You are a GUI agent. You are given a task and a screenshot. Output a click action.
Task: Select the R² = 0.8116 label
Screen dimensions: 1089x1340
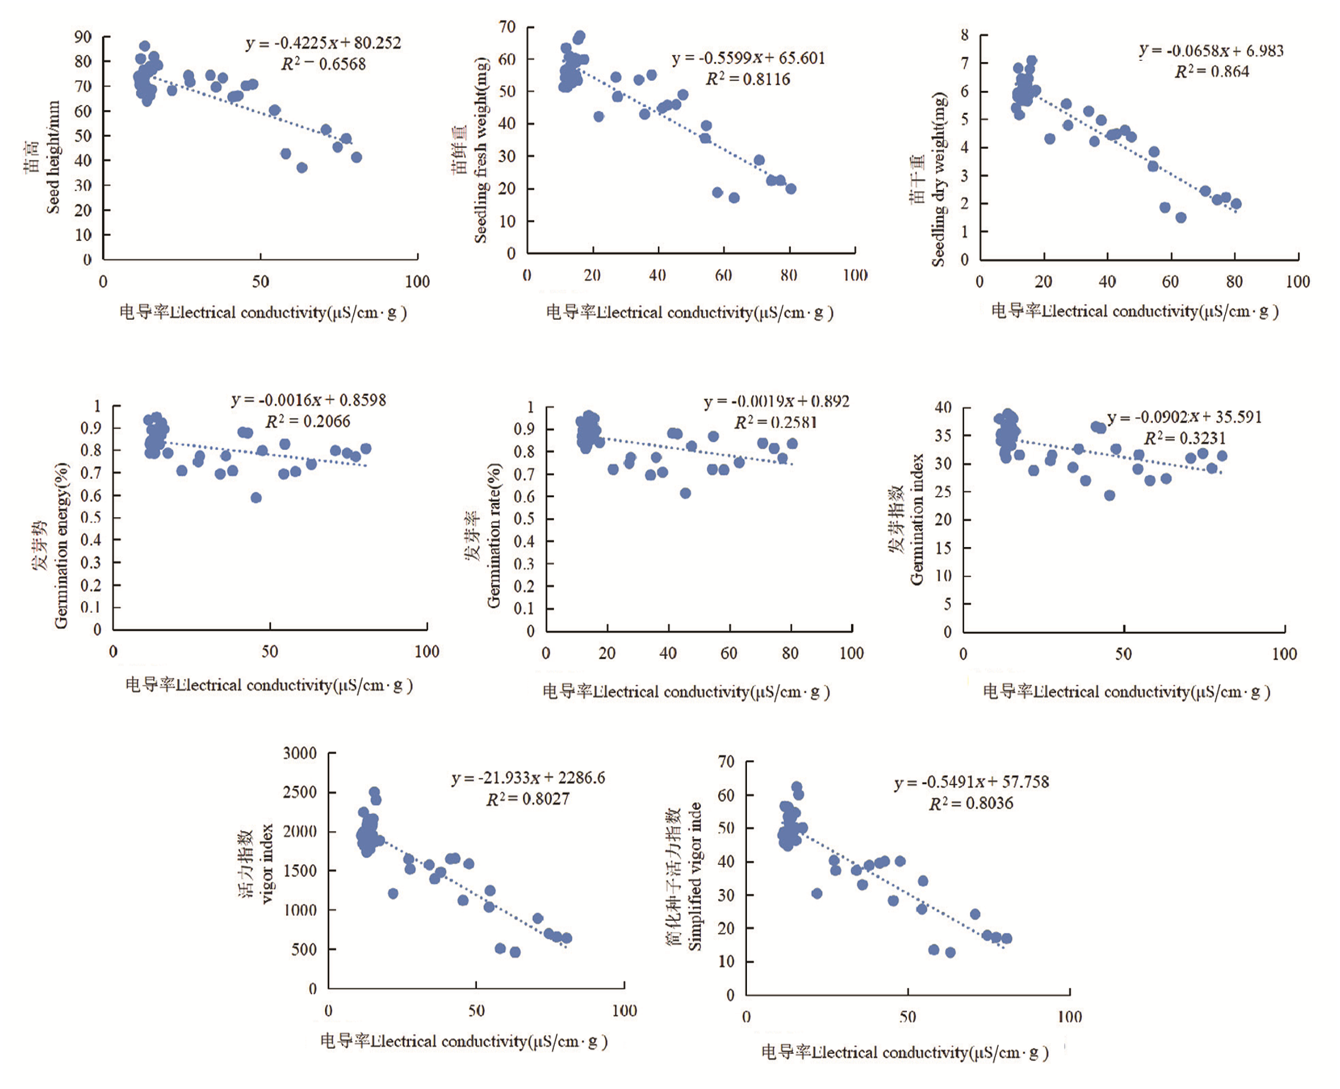pyautogui.click(x=748, y=79)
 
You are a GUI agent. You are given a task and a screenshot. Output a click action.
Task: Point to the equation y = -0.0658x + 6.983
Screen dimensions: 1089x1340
pyautogui.click(x=1211, y=51)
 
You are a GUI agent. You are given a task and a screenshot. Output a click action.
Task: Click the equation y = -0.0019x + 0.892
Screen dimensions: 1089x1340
pyautogui.click(x=776, y=402)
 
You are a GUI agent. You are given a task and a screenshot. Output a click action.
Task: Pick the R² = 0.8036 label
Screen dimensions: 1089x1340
pyautogui.click(x=971, y=804)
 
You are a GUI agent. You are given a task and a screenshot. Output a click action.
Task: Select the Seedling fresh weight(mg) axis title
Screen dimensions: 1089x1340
pyautogui.click(x=481, y=151)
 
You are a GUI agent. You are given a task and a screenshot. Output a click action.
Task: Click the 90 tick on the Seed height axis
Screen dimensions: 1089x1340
pyautogui.click(x=83, y=37)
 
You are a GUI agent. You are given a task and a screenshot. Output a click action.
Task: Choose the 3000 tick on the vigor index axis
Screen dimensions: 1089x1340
pyautogui.click(x=299, y=753)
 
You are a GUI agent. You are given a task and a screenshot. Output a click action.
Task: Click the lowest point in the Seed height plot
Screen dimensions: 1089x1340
pyautogui.click(x=302, y=168)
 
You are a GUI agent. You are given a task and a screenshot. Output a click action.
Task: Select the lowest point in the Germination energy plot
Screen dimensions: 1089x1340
pyautogui.click(x=256, y=498)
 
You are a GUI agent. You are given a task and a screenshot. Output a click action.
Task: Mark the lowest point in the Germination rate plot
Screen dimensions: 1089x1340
pyautogui.click(x=685, y=493)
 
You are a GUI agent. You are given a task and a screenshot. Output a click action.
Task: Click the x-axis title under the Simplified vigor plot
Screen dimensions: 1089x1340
pyautogui.click(x=904, y=1052)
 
